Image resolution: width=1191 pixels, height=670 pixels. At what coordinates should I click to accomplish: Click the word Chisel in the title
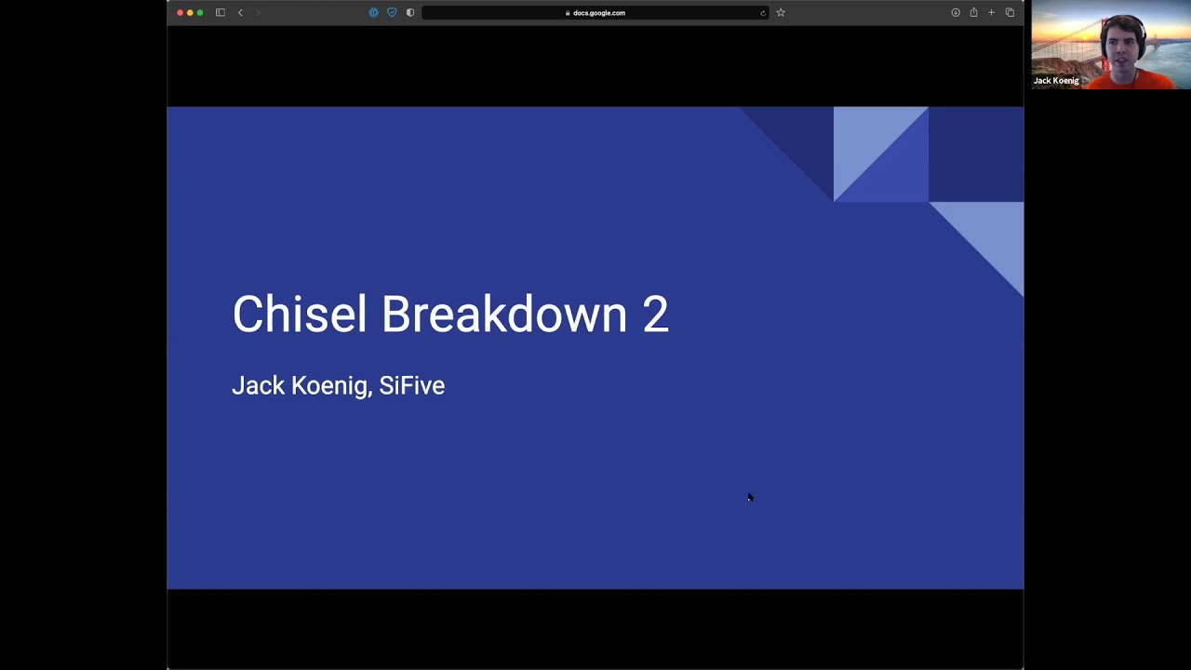point(299,315)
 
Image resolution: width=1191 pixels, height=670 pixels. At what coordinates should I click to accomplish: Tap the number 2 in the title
point(655,315)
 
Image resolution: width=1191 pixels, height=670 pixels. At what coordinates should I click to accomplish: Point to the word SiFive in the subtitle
point(411,385)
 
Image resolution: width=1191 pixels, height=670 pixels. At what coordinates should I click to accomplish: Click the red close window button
point(181,13)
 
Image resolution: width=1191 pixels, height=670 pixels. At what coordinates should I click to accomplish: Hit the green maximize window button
point(200,13)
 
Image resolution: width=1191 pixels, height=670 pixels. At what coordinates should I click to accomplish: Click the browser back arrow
point(240,13)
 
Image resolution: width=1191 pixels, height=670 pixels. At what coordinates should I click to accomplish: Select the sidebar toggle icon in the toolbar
point(221,13)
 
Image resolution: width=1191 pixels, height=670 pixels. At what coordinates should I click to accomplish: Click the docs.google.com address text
point(599,13)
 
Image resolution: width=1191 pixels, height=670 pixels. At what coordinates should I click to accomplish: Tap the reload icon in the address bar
point(763,13)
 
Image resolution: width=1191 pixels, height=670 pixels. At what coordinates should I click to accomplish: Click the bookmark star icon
point(781,13)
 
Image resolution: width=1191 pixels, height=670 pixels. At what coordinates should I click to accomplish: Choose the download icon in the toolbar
point(956,13)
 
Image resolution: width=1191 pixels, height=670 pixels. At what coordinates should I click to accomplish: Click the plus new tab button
point(991,13)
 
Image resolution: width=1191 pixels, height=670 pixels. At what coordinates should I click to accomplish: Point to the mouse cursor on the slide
point(750,498)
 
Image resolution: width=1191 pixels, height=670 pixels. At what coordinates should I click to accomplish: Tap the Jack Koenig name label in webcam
point(1056,81)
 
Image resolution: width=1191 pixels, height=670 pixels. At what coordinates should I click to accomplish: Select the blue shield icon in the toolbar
point(392,13)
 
